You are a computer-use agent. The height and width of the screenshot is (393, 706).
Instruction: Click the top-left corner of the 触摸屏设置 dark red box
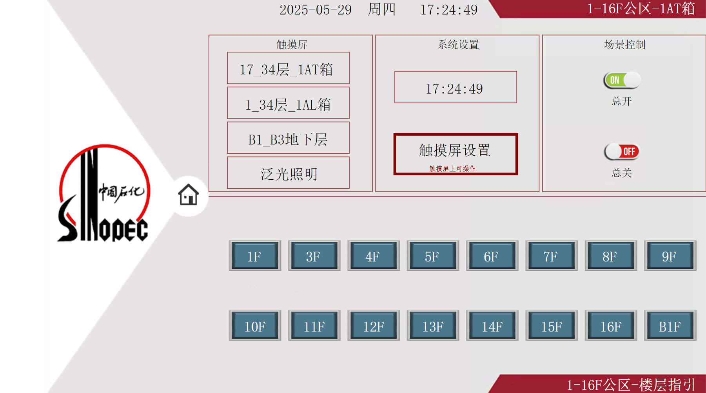[x=394, y=134]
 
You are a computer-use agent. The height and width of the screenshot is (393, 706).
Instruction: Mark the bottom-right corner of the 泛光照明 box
[x=349, y=188]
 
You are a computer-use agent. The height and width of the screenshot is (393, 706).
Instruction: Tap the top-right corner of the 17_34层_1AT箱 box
[x=349, y=52]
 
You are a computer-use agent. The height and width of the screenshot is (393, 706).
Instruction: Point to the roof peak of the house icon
[x=189, y=184]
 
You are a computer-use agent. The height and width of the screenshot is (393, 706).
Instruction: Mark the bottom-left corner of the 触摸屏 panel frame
[x=209, y=191]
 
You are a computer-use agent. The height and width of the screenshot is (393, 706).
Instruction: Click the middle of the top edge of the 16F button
[x=611, y=310]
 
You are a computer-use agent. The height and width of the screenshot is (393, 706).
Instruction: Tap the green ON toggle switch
[x=622, y=80]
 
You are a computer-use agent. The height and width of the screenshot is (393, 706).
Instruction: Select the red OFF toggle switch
[x=622, y=151]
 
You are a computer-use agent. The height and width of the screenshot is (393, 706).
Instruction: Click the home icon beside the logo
[x=189, y=195]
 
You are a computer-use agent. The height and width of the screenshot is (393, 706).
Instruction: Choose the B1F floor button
[x=670, y=326]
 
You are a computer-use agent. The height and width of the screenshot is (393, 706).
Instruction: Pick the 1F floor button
[x=255, y=256]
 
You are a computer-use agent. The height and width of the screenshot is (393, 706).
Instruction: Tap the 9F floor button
[x=670, y=256]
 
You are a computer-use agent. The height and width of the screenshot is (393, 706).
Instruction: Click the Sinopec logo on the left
[x=103, y=193]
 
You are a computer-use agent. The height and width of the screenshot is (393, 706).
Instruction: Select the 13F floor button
[x=433, y=326]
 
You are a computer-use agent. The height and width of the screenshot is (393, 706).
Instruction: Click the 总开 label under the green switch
[x=622, y=101]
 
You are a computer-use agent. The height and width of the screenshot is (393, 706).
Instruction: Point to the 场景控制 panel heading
[x=624, y=45]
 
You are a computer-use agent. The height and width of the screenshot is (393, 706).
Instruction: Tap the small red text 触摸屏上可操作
[x=452, y=169]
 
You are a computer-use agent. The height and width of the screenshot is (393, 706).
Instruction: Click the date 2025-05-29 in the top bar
[x=316, y=10]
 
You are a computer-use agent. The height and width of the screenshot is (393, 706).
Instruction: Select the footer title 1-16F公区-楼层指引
[x=631, y=385]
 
